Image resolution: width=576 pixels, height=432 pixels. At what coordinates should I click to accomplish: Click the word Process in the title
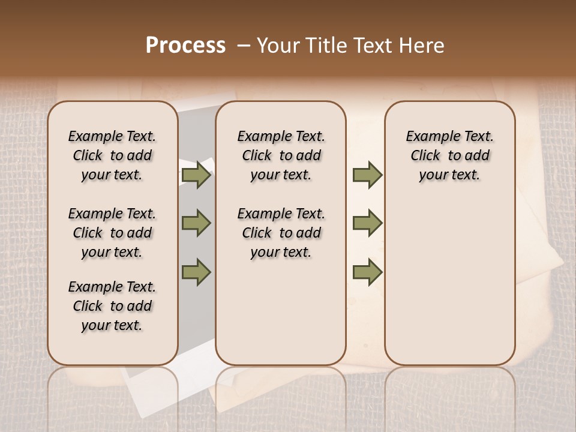coord(185,46)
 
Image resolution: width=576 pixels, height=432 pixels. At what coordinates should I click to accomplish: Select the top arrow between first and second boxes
coord(196,175)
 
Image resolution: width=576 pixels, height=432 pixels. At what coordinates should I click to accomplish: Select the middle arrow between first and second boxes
coord(196,223)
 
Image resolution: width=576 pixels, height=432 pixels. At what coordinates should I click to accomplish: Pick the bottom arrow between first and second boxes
coord(196,272)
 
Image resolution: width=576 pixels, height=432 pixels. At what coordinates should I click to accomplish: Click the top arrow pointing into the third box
coord(367,175)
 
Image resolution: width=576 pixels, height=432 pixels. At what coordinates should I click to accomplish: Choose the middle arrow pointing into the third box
coord(367,223)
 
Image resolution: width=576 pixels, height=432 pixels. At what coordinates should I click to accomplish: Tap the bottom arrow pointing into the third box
coord(367,272)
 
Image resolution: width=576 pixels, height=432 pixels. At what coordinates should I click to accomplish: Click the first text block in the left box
coord(112,156)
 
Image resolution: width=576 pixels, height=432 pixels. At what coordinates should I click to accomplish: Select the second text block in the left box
coord(112,233)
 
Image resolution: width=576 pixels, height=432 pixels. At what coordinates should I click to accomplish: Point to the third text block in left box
coord(112,306)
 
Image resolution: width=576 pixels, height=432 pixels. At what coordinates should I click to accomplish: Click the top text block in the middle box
coord(281,156)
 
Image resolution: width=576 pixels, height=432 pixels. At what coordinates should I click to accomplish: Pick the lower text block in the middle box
coord(281,233)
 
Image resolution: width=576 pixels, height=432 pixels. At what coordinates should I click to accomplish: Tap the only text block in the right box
coord(449,156)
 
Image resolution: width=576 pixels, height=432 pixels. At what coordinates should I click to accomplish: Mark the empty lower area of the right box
coord(449,282)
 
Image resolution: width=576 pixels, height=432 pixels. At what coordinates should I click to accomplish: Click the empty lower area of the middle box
coord(281,312)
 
